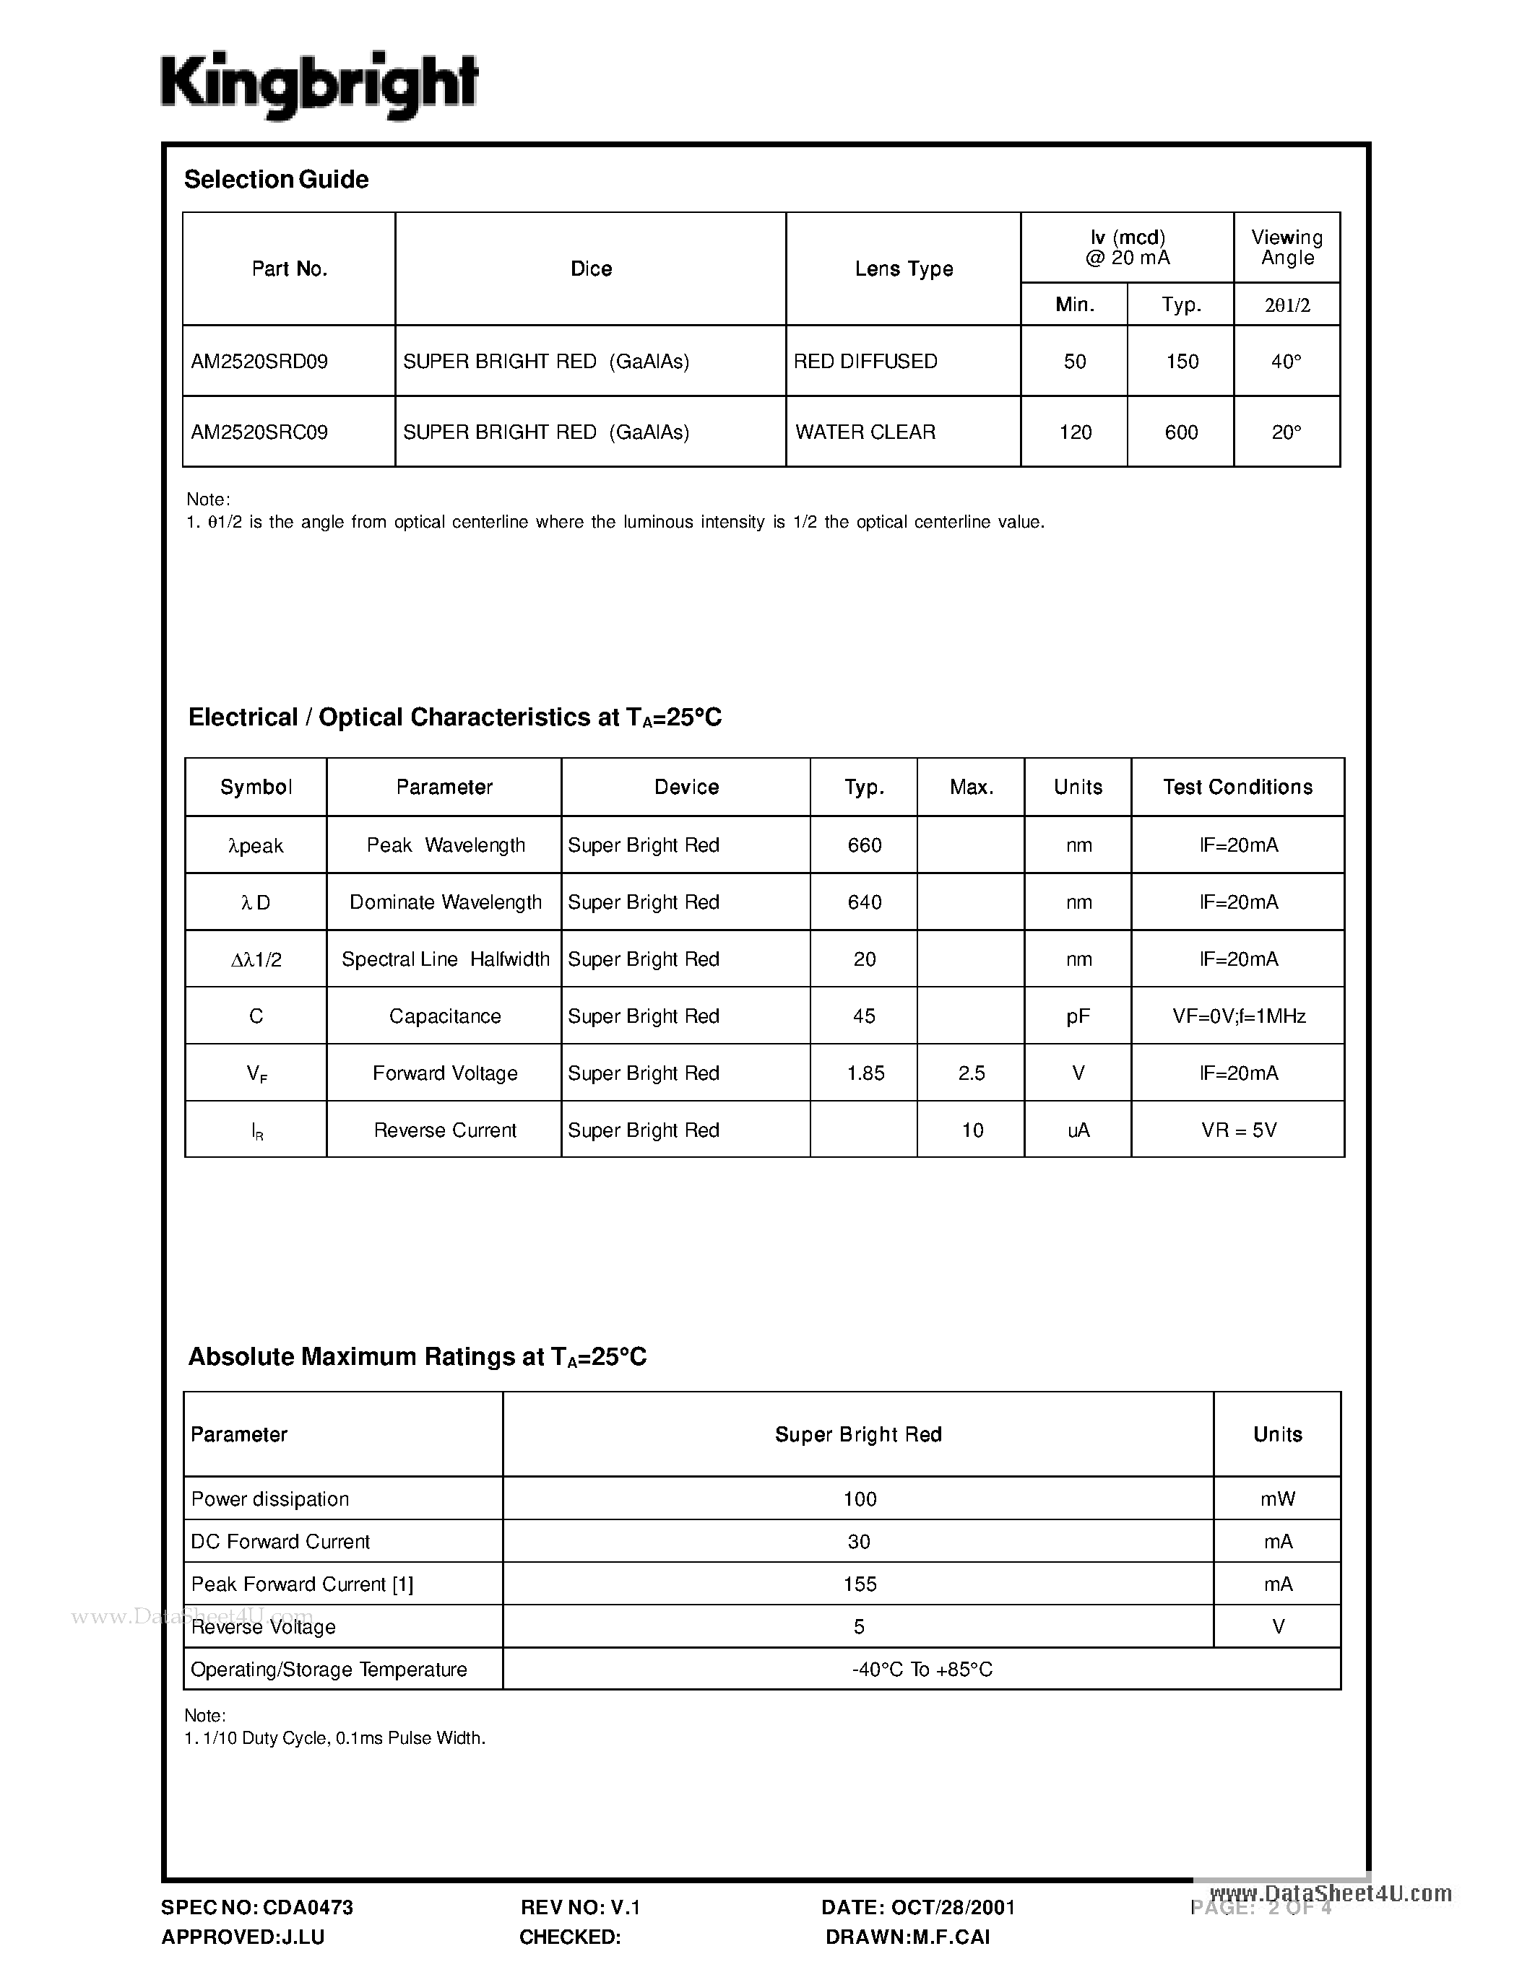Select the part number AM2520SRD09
(259, 362)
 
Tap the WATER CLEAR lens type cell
(865, 432)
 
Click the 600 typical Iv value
(1180, 432)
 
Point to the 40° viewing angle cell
(1286, 362)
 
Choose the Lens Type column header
(903, 269)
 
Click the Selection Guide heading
(277, 180)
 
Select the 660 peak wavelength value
(864, 845)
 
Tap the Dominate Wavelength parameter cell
(445, 902)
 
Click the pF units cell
(1078, 1016)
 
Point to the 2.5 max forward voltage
(971, 1073)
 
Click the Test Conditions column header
(1237, 787)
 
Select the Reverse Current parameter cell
(445, 1130)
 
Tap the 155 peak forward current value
(860, 1584)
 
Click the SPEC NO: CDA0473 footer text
(257, 1908)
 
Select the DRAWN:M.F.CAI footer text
(907, 1937)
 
